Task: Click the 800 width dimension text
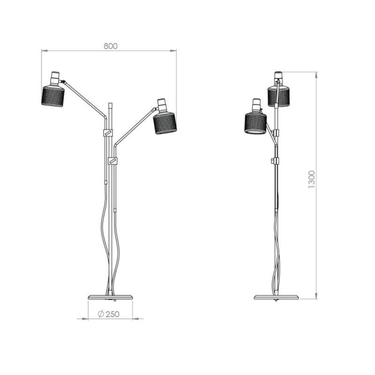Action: pyautogui.click(x=110, y=46)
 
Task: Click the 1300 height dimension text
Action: pyautogui.click(x=312, y=180)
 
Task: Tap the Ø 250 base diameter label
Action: pyautogui.click(x=108, y=314)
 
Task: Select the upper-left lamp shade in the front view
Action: pyautogui.click(x=53, y=96)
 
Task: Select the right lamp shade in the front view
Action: pyautogui.click(x=165, y=123)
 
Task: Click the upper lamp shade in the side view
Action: pyautogui.click(x=279, y=96)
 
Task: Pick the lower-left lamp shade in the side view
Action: pyautogui.click(x=255, y=123)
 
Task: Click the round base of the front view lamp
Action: pyautogui.click(x=111, y=297)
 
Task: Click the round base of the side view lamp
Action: pyautogui.click(x=276, y=297)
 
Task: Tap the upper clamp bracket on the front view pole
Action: pyautogui.click(x=108, y=133)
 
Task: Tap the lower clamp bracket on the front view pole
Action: pyautogui.click(x=112, y=161)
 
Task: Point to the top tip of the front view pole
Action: pyautogui.click(x=111, y=103)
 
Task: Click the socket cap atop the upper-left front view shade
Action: pyautogui.click(x=55, y=78)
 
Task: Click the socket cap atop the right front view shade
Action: pyautogui.click(x=162, y=105)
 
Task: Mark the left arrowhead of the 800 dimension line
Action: pyautogui.click(x=43, y=51)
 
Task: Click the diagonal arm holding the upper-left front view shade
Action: pyautogui.click(x=84, y=98)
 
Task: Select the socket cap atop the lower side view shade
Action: pyautogui.click(x=256, y=105)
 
